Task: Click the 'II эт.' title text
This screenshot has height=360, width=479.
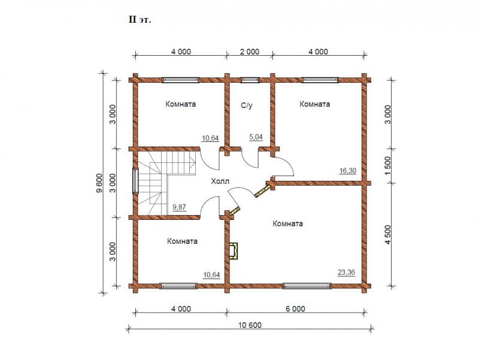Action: (140, 20)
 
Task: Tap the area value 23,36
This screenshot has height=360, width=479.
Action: (347, 272)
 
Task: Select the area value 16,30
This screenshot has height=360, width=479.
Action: (348, 171)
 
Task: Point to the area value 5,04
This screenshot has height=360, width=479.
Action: (256, 137)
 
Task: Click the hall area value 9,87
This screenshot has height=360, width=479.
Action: (179, 207)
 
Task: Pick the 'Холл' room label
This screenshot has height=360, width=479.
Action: (220, 181)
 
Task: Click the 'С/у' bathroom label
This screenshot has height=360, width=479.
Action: (247, 106)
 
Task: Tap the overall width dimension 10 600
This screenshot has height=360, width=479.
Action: (250, 325)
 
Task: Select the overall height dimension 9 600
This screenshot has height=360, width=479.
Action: (99, 183)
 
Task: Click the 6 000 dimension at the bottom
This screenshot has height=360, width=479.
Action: (295, 308)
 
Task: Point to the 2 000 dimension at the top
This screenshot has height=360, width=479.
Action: (250, 52)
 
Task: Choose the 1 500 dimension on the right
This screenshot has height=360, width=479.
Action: (387, 166)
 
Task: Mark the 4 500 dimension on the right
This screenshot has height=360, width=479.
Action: (387, 235)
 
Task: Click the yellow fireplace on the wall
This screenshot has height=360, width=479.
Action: (233, 251)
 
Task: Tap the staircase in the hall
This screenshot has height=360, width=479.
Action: (167, 183)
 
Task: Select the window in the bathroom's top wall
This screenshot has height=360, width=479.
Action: (250, 80)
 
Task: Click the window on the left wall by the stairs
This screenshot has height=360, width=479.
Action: (135, 181)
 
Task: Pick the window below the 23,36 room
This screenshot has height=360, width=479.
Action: (307, 286)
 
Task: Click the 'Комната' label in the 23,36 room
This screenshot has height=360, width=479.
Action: (288, 223)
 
